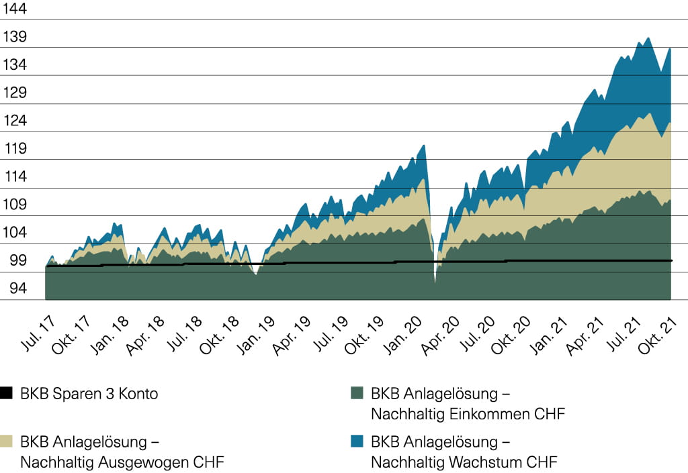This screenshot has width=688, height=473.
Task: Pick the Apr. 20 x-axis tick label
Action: [441, 333]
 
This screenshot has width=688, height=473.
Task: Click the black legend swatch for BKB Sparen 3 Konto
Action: [7, 394]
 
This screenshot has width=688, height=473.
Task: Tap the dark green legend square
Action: [357, 394]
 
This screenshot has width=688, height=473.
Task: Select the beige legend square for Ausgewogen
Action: [7, 442]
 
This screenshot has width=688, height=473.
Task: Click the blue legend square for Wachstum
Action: [357, 442]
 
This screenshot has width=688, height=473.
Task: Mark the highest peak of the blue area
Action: [648, 38]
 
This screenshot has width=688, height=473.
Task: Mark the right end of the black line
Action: [671, 260]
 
